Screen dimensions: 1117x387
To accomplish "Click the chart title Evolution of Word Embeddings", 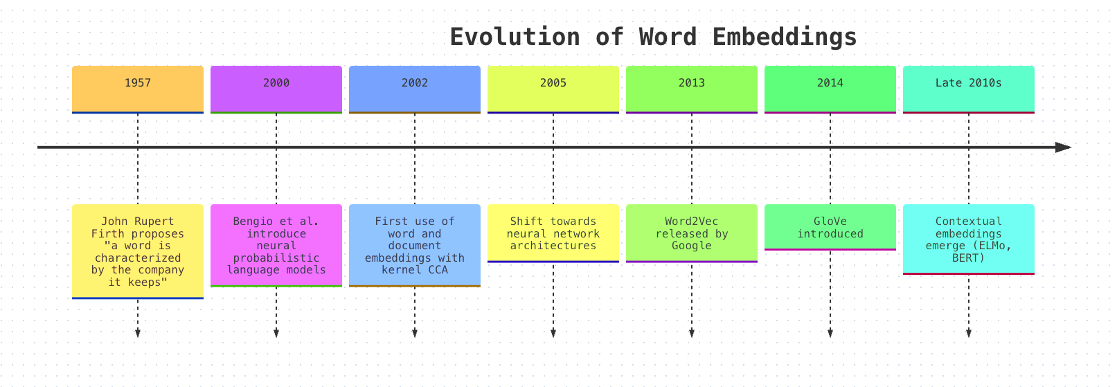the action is pos(653,37).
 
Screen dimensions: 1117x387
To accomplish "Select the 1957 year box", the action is pos(138,89).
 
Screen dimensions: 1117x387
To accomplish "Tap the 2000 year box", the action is pos(276,89).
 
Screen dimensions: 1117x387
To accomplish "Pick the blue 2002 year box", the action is pos(415,89).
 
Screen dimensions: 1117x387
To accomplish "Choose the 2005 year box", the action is pos(553,89).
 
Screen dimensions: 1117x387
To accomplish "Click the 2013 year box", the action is pos(692,89).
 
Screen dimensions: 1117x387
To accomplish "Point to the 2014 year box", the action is pos(830,89).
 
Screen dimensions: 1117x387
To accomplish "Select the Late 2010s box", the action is pos(968,89).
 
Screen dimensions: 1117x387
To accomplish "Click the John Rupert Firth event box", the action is pos(138,251).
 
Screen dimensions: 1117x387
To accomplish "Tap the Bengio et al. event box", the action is pos(276,245).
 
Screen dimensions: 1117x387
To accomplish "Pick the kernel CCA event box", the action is pos(415,245).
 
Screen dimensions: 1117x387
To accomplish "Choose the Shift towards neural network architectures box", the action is pos(553,233).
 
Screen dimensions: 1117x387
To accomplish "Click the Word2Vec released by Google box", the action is pos(692,233).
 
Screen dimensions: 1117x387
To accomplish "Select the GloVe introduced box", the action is pos(830,227).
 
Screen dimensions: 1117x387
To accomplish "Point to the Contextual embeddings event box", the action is pos(968,240).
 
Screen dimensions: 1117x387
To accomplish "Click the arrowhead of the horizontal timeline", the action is pos(1064,147).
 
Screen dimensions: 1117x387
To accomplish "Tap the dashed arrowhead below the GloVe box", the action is pos(830,334).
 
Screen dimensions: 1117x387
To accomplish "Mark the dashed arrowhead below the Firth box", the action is pos(138,334).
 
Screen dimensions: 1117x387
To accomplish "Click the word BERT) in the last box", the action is pos(968,258).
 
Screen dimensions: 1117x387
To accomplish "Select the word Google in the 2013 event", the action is pos(692,246).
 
